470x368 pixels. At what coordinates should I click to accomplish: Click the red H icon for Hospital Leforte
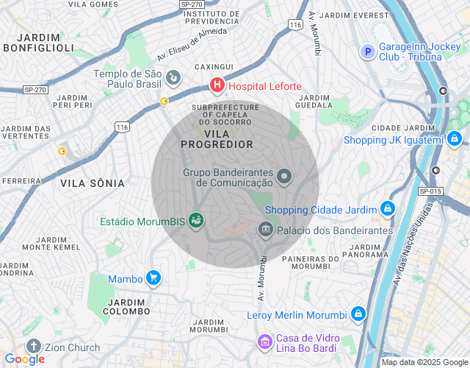217,86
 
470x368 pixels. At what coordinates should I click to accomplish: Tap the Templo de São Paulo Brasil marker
173,77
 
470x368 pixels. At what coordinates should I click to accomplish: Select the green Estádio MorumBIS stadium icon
195,220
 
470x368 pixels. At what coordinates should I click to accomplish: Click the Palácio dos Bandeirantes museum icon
265,230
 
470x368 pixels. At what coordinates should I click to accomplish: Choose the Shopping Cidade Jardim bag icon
387,210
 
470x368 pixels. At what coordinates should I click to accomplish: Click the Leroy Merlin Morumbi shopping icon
358,314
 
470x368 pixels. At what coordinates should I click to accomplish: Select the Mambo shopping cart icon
153,278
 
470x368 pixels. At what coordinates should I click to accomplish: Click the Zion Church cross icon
33,347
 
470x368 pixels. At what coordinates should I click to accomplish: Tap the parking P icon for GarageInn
366,51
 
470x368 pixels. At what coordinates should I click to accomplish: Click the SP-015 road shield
430,191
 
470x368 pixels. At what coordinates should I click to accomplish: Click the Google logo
24,359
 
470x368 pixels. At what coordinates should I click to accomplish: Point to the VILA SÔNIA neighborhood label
89,183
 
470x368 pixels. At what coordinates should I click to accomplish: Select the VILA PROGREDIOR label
217,139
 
